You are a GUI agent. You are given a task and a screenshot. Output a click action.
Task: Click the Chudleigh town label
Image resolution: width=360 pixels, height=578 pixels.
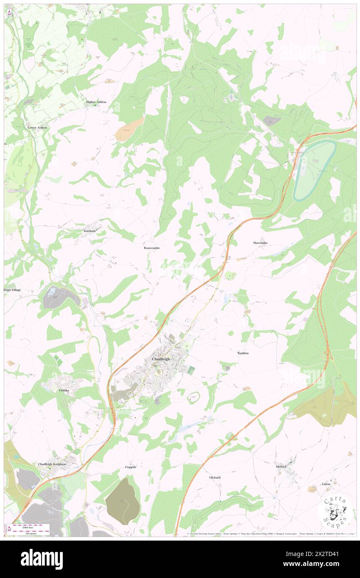pyautogui.click(x=160, y=359)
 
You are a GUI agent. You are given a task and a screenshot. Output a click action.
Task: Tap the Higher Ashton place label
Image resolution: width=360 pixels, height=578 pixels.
pyautogui.click(x=96, y=102)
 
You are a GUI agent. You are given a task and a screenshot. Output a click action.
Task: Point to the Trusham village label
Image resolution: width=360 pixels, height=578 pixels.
pyautogui.click(x=90, y=231)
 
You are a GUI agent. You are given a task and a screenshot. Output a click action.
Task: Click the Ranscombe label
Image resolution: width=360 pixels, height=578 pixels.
pyautogui.click(x=152, y=247)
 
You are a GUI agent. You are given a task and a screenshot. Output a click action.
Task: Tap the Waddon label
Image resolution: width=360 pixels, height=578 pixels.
pyautogui.click(x=243, y=353)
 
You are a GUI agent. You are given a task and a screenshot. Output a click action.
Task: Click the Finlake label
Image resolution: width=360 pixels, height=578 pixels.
pyautogui.click(x=64, y=390)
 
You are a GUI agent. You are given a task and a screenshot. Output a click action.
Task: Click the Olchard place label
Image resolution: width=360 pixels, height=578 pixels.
pyautogui.click(x=215, y=477)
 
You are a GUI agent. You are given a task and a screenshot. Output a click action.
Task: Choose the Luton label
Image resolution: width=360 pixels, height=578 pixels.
pyautogui.click(x=326, y=484)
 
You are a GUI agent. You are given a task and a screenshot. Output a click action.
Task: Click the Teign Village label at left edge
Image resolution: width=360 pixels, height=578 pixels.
pyautogui.click(x=12, y=289)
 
